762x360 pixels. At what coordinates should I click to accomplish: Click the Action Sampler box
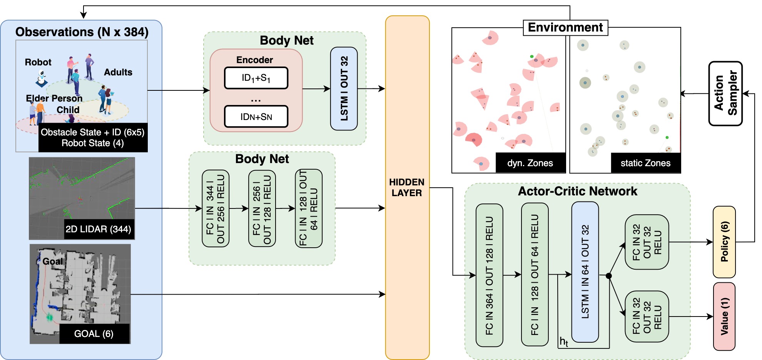tap(725, 93)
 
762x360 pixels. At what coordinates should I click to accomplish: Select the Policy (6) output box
tap(724, 242)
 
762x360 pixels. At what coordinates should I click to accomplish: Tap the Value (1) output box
tap(724, 316)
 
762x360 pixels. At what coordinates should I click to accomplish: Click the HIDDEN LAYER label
tap(407, 187)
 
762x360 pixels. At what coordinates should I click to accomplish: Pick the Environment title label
tap(565, 28)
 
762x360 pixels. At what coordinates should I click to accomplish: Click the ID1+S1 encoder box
tap(256, 78)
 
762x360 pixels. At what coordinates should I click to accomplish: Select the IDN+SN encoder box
tap(256, 117)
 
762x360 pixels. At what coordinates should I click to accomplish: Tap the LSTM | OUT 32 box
tap(344, 88)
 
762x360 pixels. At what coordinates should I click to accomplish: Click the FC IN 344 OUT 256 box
tap(215, 208)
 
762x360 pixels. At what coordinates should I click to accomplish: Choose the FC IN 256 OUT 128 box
tap(262, 208)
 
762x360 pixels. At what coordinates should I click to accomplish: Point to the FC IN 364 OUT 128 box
tap(489, 275)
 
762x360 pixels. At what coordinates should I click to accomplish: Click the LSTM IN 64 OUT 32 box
tap(585, 272)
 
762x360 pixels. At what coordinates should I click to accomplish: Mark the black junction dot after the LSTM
tap(608, 276)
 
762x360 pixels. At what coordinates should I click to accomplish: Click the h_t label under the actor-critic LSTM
tap(564, 341)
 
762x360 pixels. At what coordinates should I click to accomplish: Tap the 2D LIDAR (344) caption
tap(98, 229)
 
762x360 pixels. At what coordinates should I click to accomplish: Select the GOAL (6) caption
tap(94, 333)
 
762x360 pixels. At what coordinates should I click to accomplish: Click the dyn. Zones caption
tap(530, 163)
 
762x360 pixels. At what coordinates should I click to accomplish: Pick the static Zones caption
tap(645, 163)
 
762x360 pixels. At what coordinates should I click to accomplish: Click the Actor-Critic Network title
tap(577, 191)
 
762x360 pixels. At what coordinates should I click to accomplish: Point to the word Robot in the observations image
tap(38, 62)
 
